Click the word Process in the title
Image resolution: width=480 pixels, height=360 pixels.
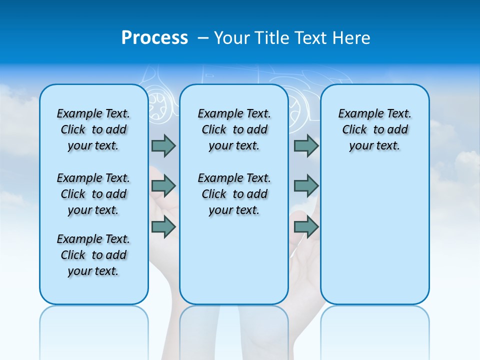click(x=154, y=38)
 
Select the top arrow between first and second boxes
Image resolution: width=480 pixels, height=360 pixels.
click(x=163, y=145)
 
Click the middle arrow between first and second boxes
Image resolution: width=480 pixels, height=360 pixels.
click(x=163, y=186)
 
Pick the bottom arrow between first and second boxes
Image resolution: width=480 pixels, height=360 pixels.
click(x=163, y=227)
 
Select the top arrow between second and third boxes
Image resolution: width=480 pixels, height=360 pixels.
click(x=306, y=145)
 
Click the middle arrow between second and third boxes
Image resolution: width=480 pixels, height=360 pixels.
click(x=306, y=186)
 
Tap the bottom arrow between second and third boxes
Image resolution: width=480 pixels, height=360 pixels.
click(x=306, y=227)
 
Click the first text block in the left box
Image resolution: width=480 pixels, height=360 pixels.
click(x=93, y=129)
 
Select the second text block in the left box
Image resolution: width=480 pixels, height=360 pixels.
click(x=93, y=194)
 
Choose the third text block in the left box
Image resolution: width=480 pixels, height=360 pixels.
click(x=93, y=255)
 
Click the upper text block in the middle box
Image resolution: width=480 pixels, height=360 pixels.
click(x=234, y=129)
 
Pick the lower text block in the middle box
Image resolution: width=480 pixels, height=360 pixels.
click(x=234, y=194)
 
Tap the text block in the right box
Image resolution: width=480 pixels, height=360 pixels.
click(x=374, y=129)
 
